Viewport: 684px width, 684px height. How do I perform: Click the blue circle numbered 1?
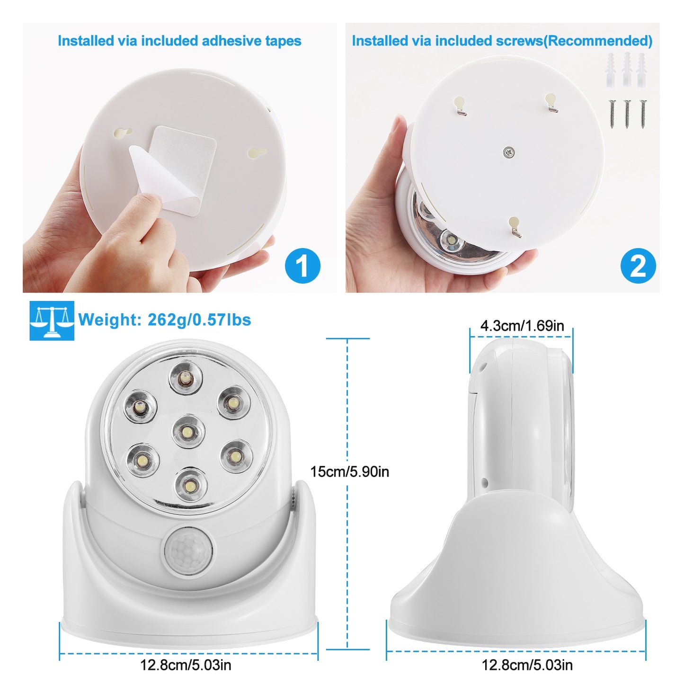coord(302,266)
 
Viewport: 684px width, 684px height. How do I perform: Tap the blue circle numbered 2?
coord(638,266)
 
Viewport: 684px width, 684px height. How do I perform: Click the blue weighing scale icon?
coord(52,320)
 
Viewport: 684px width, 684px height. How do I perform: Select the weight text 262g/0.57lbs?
coord(199,320)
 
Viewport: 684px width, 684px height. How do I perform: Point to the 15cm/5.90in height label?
coord(350,471)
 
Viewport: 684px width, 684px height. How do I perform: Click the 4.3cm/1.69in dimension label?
coord(522,326)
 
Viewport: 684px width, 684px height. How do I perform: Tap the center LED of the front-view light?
coord(188,431)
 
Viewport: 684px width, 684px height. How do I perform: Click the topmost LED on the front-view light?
coord(186,377)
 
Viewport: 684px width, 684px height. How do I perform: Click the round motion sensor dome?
coord(188,550)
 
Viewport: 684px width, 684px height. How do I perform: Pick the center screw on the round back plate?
coord(509,152)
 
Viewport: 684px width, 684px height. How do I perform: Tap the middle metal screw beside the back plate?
coord(627,114)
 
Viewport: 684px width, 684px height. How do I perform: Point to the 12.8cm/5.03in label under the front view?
coord(186,665)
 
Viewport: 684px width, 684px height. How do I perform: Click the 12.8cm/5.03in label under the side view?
coord(527,665)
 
